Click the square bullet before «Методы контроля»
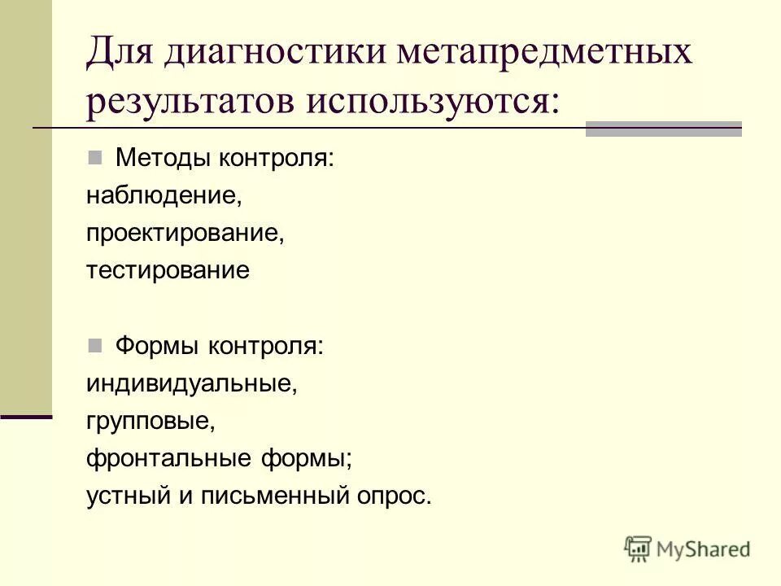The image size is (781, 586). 95,156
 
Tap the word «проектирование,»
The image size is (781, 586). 185,234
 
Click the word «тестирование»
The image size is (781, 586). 168,270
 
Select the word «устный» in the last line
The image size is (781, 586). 126,496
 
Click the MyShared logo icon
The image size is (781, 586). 639,549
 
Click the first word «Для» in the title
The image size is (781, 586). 122,55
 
